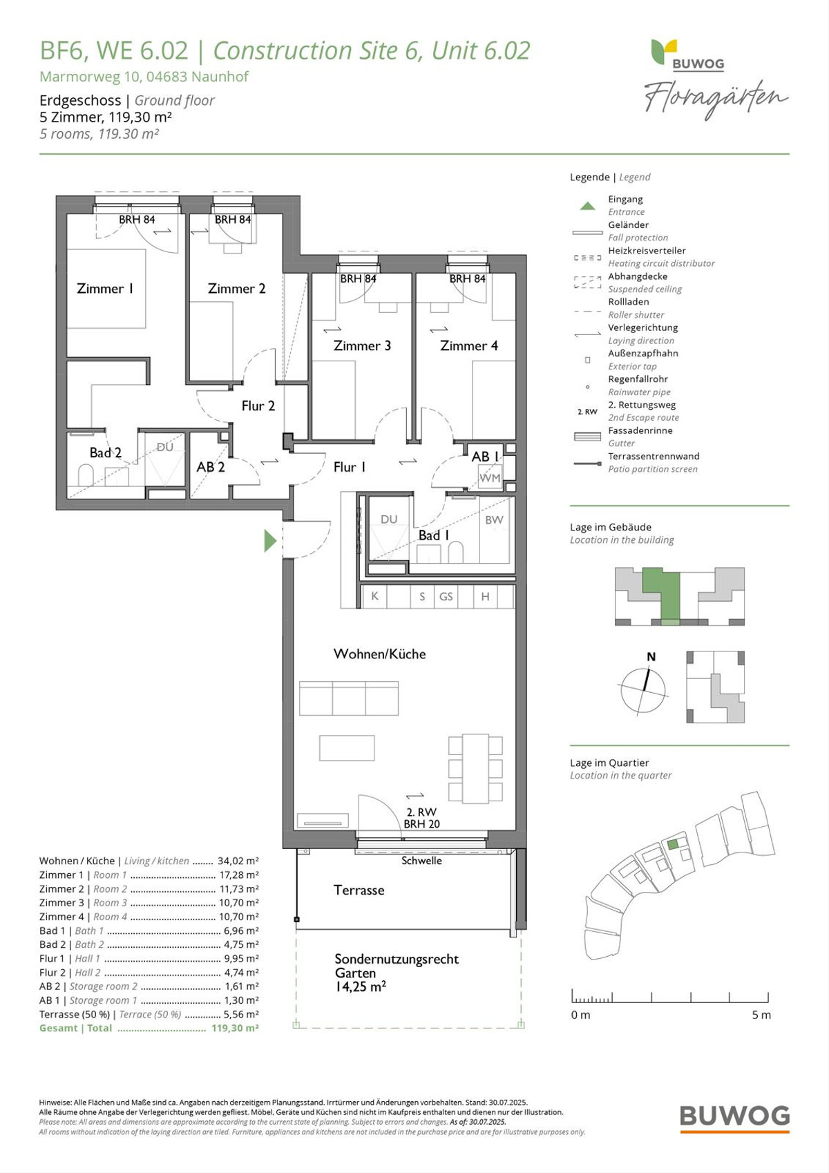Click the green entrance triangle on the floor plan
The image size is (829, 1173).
pos(269,541)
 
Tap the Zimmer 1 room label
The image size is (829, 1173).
pos(105,289)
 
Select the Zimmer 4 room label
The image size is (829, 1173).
pos(468,345)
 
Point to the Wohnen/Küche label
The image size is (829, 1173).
pos(380,654)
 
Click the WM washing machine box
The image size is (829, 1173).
pos(490,477)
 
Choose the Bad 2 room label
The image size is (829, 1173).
pos(105,452)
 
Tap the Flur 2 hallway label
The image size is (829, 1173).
pos(258,406)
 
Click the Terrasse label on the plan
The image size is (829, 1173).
pos(359,890)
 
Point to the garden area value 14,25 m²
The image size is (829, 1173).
pos(361,986)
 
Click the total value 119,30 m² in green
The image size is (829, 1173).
pos(235,1027)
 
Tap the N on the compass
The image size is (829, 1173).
pos(651,657)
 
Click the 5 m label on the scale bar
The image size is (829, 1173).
pos(761,1014)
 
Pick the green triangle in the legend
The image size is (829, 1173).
pos(588,206)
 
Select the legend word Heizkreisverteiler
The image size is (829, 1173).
pos(647,250)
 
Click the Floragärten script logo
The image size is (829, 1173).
pos(716,99)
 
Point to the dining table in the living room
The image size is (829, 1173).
pos(475,768)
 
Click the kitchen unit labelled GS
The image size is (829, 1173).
pos(446,596)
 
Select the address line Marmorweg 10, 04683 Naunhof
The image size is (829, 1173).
pos(144,77)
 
